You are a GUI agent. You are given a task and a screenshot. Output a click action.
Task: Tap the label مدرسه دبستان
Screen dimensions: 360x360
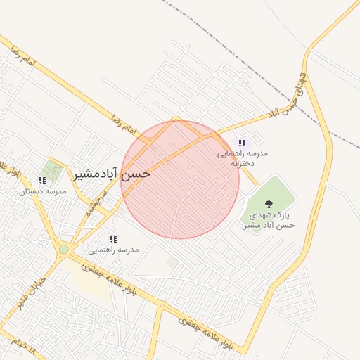coord(42,191)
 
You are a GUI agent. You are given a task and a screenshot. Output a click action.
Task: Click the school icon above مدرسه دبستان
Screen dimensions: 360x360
coord(42,181)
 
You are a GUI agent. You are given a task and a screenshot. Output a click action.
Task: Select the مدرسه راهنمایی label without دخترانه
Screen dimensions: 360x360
coord(113,250)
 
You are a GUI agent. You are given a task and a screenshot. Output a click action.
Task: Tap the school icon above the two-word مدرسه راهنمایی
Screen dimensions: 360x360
coord(113,239)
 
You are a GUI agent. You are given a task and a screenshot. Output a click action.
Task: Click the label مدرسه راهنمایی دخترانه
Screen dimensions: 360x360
coord(242,157)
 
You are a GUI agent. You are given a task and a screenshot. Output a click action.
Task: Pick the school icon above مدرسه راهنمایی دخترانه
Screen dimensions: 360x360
coord(242,143)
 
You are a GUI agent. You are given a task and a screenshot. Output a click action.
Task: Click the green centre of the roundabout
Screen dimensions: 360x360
coord(64,249)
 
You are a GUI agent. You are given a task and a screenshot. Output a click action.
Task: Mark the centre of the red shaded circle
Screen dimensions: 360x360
coord(180,179)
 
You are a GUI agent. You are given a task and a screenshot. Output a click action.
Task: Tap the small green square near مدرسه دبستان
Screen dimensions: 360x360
coord(51,169)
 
